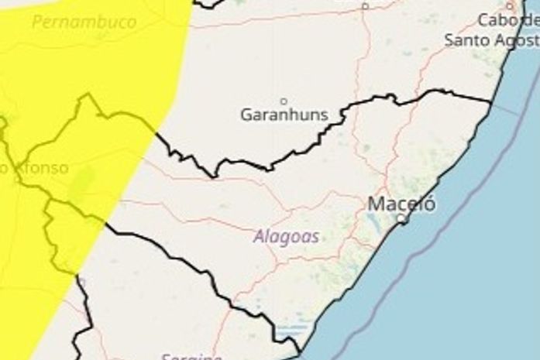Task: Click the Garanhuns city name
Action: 284,116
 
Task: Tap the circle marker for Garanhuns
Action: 284,101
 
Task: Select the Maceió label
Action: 401,205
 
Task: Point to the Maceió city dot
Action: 401,220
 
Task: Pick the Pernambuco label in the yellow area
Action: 84,22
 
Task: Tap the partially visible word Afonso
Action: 35,168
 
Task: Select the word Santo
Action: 467,40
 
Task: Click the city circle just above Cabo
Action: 511,5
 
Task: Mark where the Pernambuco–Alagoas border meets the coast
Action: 491,101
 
